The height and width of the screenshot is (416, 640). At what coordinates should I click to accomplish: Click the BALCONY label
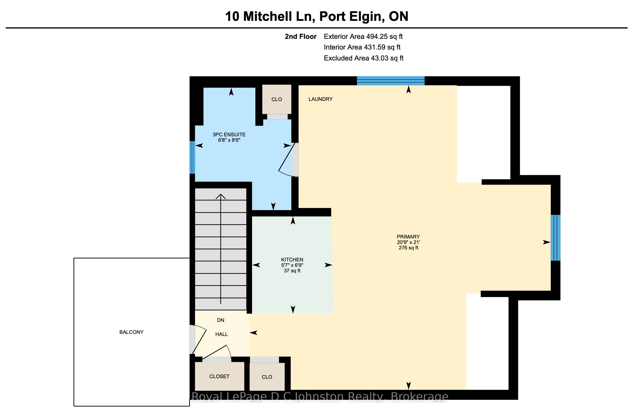pyautogui.click(x=132, y=332)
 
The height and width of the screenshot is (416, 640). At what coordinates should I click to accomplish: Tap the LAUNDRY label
pyautogui.click(x=321, y=99)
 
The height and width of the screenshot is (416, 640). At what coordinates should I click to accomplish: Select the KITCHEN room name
pyautogui.click(x=292, y=260)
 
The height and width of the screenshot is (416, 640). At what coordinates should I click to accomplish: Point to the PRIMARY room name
pyautogui.click(x=408, y=237)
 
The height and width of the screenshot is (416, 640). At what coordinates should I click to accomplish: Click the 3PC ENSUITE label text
pyautogui.click(x=229, y=134)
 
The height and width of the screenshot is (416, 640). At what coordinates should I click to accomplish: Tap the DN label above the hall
pyautogui.click(x=220, y=320)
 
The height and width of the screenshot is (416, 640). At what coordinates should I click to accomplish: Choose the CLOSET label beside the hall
pyautogui.click(x=219, y=376)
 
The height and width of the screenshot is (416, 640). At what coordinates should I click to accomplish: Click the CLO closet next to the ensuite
pyautogui.click(x=277, y=100)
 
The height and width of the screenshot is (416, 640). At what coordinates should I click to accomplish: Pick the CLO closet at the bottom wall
pyautogui.click(x=267, y=377)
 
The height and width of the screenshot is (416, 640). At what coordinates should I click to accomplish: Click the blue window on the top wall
pyautogui.click(x=391, y=81)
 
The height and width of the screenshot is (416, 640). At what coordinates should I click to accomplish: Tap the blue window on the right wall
pyautogui.click(x=556, y=238)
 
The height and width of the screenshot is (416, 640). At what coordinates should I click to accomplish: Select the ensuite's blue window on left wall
pyautogui.click(x=192, y=157)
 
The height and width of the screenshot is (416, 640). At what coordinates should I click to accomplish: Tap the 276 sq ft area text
pyautogui.click(x=408, y=248)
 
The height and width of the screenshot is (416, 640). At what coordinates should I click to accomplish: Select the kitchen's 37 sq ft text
pyautogui.click(x=292, y=271)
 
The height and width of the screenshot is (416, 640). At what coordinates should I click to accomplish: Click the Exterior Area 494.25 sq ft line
pyautogui.click(x=363, y=36)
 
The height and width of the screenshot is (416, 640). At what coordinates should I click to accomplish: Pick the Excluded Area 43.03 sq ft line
pyautogui.click(x=364, y=58)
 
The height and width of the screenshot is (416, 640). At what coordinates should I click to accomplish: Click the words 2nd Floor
pyautogui.click(x=301, y=36)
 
